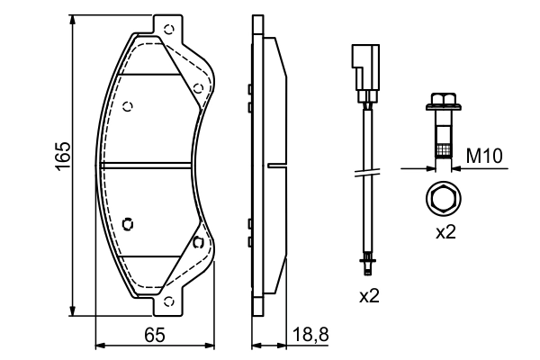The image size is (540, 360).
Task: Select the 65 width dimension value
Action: click(154, 337)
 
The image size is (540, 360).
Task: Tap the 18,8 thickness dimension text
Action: click(310, 336)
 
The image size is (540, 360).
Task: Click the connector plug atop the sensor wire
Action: click(366, 72)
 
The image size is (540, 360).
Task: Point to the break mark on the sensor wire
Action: click(366, 174)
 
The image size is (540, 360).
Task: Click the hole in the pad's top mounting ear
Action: click(166, 29)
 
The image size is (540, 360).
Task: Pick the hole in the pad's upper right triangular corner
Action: click(196, 87)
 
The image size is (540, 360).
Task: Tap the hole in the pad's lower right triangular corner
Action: click(196, 241)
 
